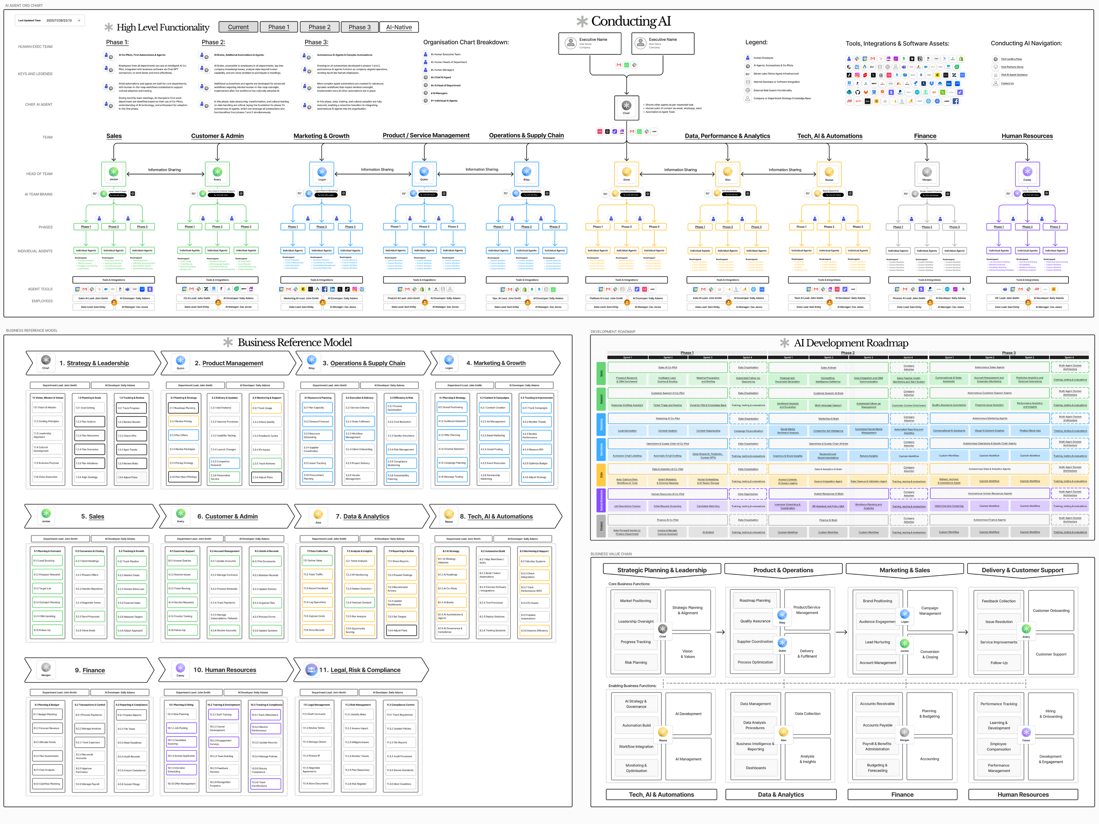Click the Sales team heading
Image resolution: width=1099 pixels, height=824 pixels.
coord(114,136)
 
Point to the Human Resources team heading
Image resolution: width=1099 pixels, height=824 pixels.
coord(1027,136)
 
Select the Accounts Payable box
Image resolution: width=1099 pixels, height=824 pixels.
coord(877,725)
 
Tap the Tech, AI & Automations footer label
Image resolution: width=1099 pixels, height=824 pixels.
coord(661,795)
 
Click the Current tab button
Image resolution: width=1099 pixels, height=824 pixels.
coord(238,27)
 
